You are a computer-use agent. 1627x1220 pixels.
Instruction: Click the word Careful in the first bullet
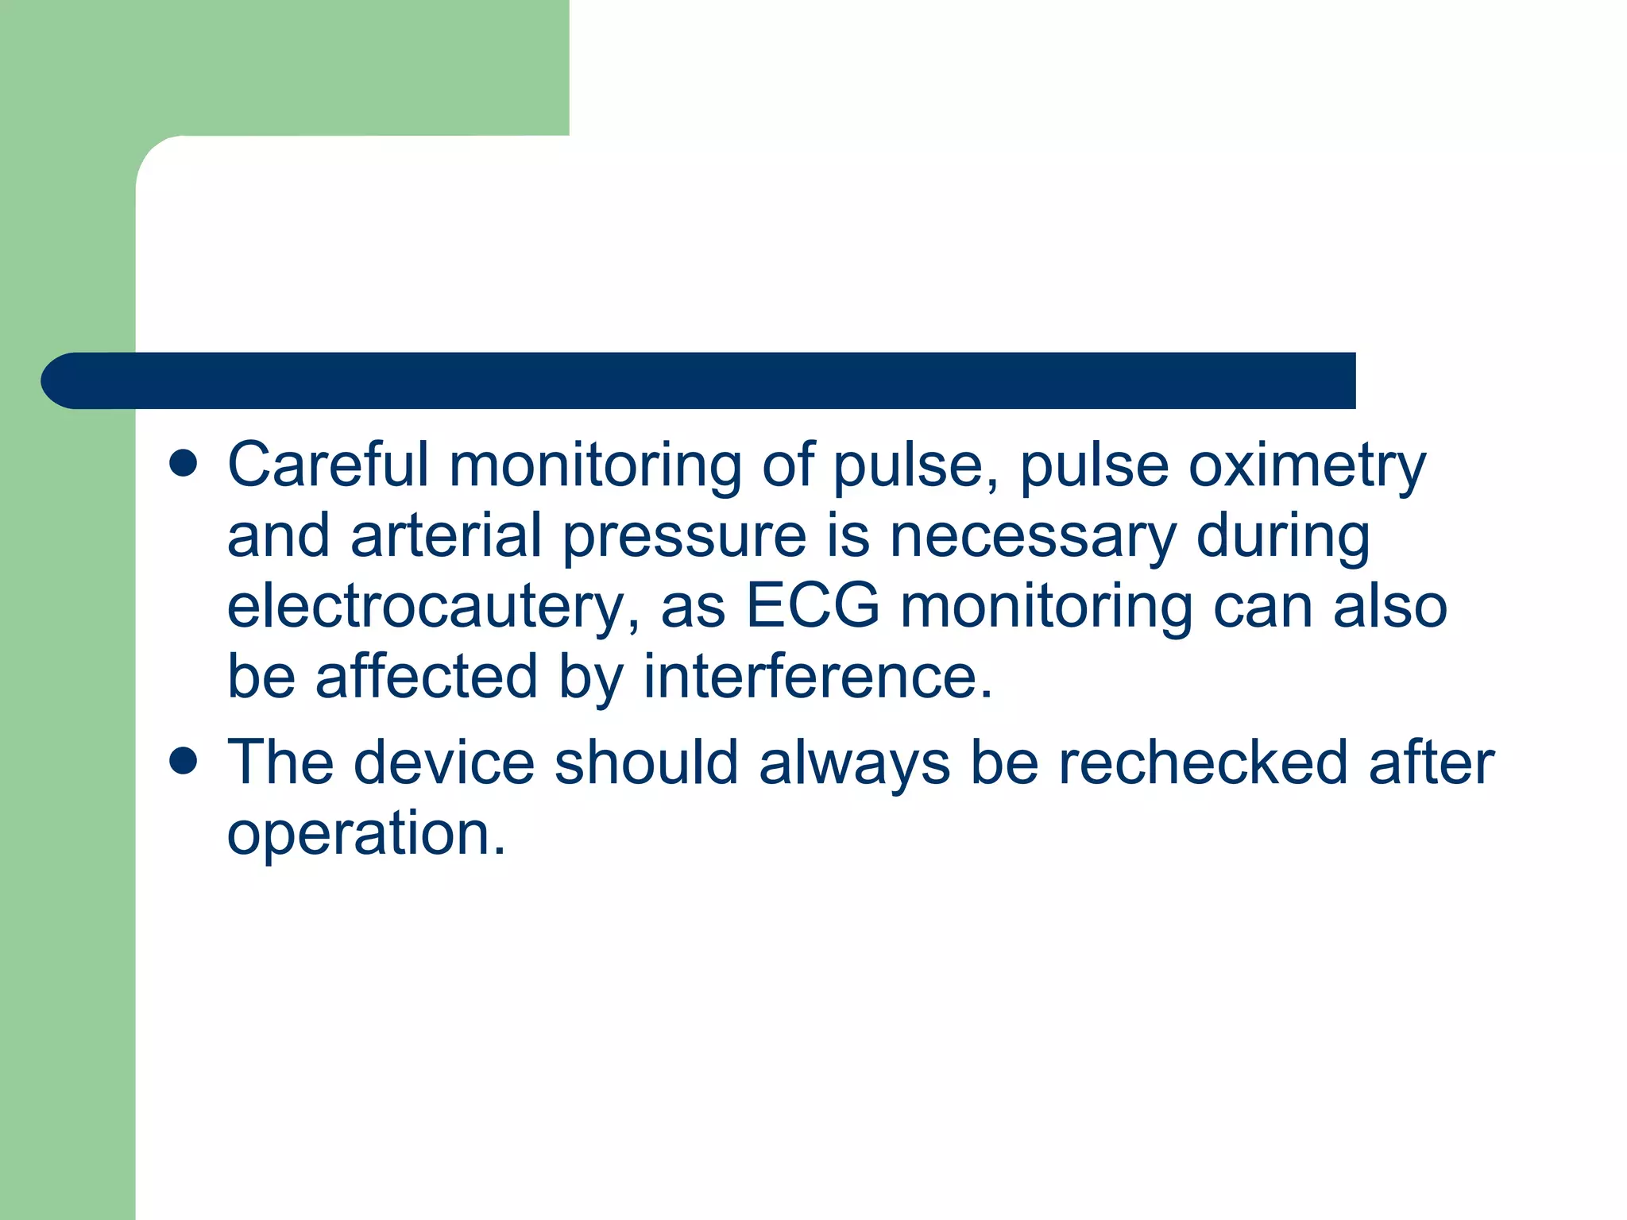(x=327, y=465)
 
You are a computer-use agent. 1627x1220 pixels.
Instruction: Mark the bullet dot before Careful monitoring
(x=184, y=464)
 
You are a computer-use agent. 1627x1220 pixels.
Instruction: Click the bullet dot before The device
(x=184, y=761)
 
